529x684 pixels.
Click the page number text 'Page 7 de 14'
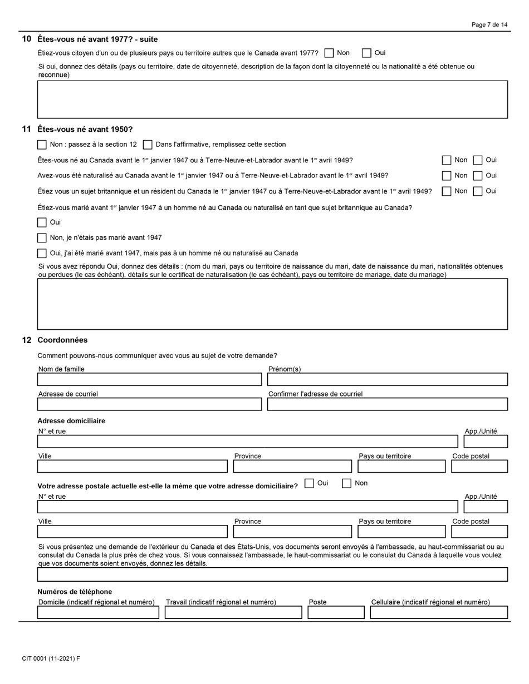489,24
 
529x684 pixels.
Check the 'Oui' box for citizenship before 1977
366,53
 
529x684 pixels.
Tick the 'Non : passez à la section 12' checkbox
42,145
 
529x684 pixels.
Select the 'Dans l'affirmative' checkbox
148,145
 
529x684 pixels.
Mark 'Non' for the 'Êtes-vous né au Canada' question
447,160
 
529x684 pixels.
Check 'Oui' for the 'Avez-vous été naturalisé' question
478,176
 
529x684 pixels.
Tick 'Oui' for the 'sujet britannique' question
478,191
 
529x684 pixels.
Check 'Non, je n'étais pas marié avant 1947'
42,238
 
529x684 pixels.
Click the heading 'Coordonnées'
62,340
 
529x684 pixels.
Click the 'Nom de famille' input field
149,379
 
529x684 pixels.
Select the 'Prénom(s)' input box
387,379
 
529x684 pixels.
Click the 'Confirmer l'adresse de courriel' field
387,404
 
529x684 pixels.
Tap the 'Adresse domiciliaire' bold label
71,421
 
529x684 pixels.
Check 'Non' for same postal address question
346,483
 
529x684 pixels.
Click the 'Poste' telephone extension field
336,612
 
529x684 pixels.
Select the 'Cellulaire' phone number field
439,612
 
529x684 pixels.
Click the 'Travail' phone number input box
233,612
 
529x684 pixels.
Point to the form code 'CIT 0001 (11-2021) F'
51,659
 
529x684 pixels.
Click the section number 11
26,129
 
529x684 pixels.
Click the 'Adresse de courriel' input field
149,404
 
